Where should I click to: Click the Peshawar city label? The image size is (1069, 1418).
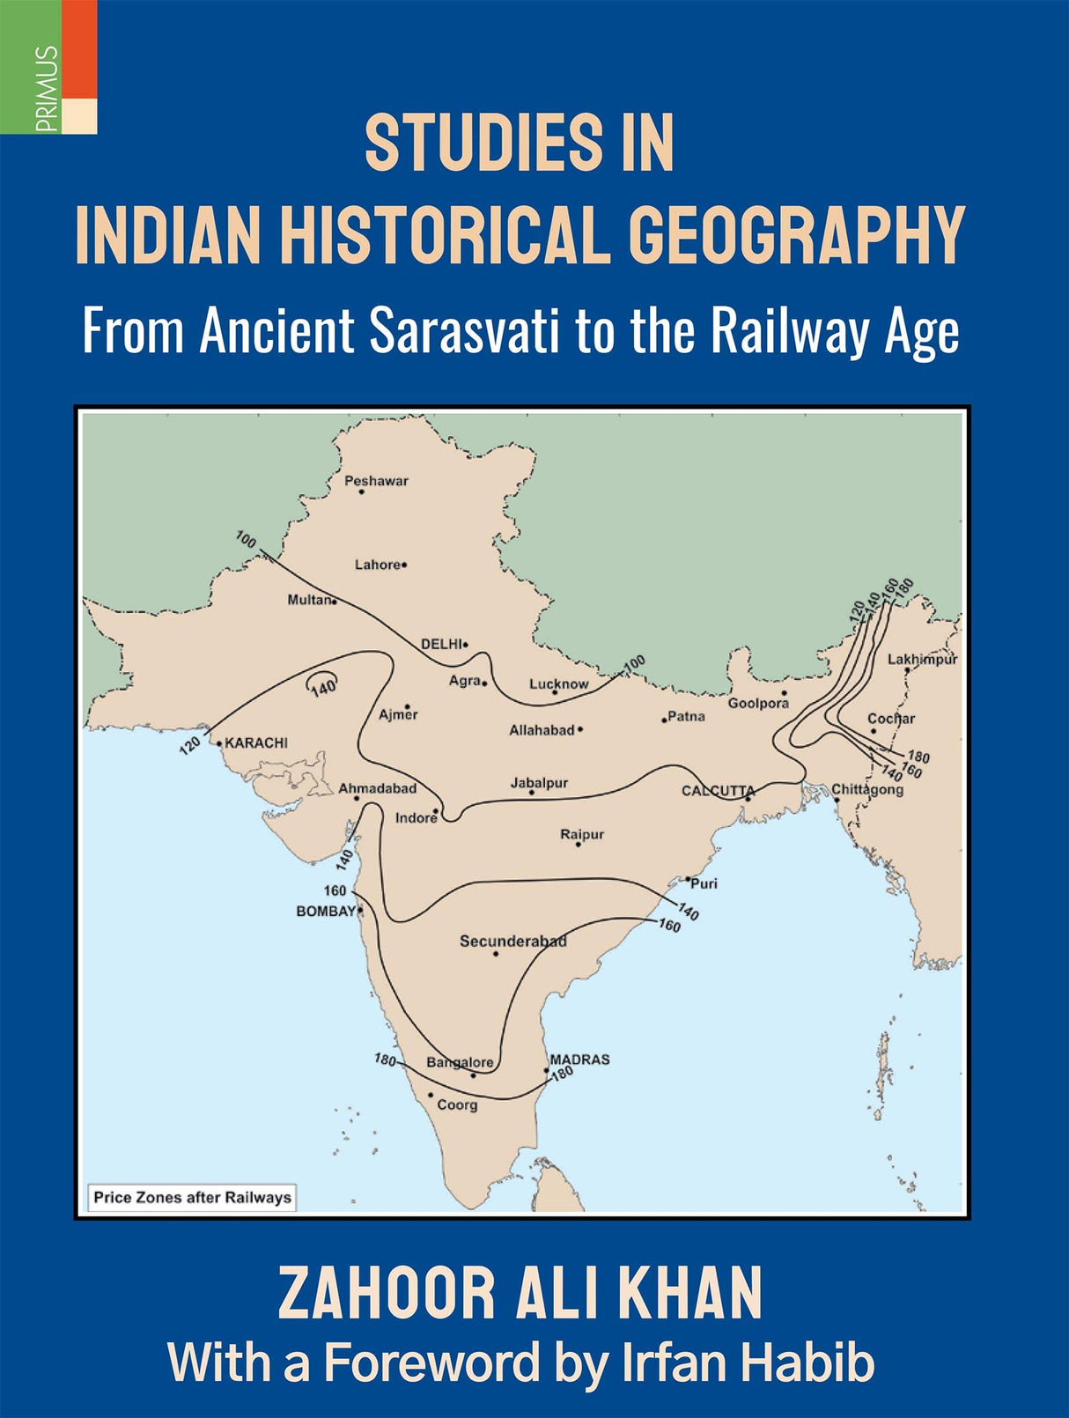point(376,481)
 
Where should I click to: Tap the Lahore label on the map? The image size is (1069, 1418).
point(378,565)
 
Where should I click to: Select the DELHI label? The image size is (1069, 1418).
point(441,644)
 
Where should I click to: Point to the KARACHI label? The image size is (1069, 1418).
point(256,742)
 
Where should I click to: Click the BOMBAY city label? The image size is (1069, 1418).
point(325,911)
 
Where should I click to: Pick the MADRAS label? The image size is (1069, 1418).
point(579,1060)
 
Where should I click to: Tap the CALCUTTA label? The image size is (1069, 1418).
point(718,790)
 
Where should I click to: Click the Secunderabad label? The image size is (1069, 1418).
point(512,941)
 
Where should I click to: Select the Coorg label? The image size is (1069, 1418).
point(457,1104)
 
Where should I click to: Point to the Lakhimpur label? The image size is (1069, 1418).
point(922,659)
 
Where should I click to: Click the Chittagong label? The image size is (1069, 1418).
point(867,789)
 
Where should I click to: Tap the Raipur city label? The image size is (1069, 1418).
point(582,834)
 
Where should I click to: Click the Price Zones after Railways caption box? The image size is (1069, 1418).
point(192,1197)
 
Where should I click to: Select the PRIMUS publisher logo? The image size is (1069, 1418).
point(48,67)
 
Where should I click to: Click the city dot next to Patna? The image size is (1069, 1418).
point(664,720)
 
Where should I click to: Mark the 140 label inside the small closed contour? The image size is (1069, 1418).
point(323,686)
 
